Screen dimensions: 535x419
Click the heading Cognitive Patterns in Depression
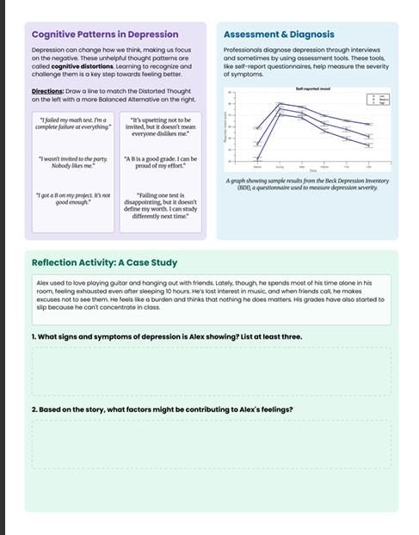(x=104, y=34)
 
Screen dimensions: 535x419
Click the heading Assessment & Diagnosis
(x=279, y=34)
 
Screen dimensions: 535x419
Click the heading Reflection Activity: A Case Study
(x=105, y=262)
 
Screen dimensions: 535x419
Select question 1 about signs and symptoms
(x=167, y=336)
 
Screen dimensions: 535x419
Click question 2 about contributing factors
(x=162, y=409)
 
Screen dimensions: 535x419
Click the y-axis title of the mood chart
(x=226, y=129)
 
